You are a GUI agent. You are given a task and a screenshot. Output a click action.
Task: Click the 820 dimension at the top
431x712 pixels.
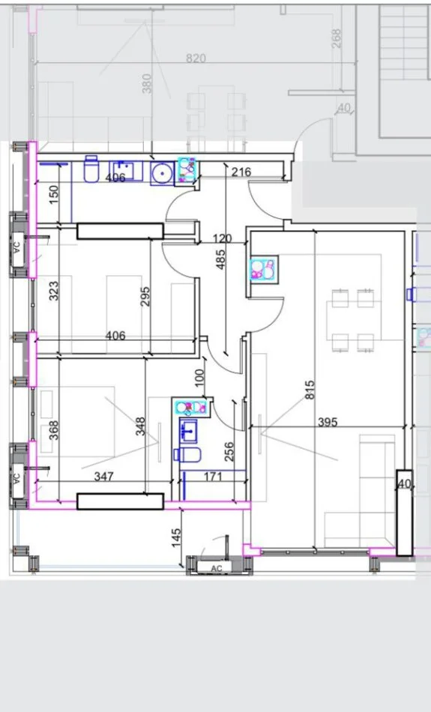[x=196, y=58]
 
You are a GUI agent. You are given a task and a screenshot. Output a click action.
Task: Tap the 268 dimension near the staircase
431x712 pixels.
[x=336, y=39]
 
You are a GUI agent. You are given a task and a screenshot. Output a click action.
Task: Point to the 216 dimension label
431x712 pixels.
[x=241, y=172]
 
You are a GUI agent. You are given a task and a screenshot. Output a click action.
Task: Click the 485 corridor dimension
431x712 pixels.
[x=220, y=259]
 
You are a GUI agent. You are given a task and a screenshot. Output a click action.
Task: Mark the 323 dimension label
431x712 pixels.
[x=53, y=291]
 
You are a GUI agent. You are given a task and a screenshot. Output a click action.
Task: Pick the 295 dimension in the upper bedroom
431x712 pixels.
[x=145, y=297]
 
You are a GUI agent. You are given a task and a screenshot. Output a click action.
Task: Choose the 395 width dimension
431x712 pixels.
[x=328, y=423]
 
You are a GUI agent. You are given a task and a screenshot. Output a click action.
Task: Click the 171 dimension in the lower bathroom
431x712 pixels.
[x=214, y=476]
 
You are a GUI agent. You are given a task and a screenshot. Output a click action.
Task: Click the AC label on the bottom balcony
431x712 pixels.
[x=217, y=568]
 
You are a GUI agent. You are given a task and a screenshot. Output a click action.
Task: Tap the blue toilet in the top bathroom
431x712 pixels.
[x=91, y=171]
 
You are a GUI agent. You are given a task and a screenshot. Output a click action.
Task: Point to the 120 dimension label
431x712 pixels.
[x=222, y=238]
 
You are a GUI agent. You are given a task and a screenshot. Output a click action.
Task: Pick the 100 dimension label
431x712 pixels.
[x=199, y=377]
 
